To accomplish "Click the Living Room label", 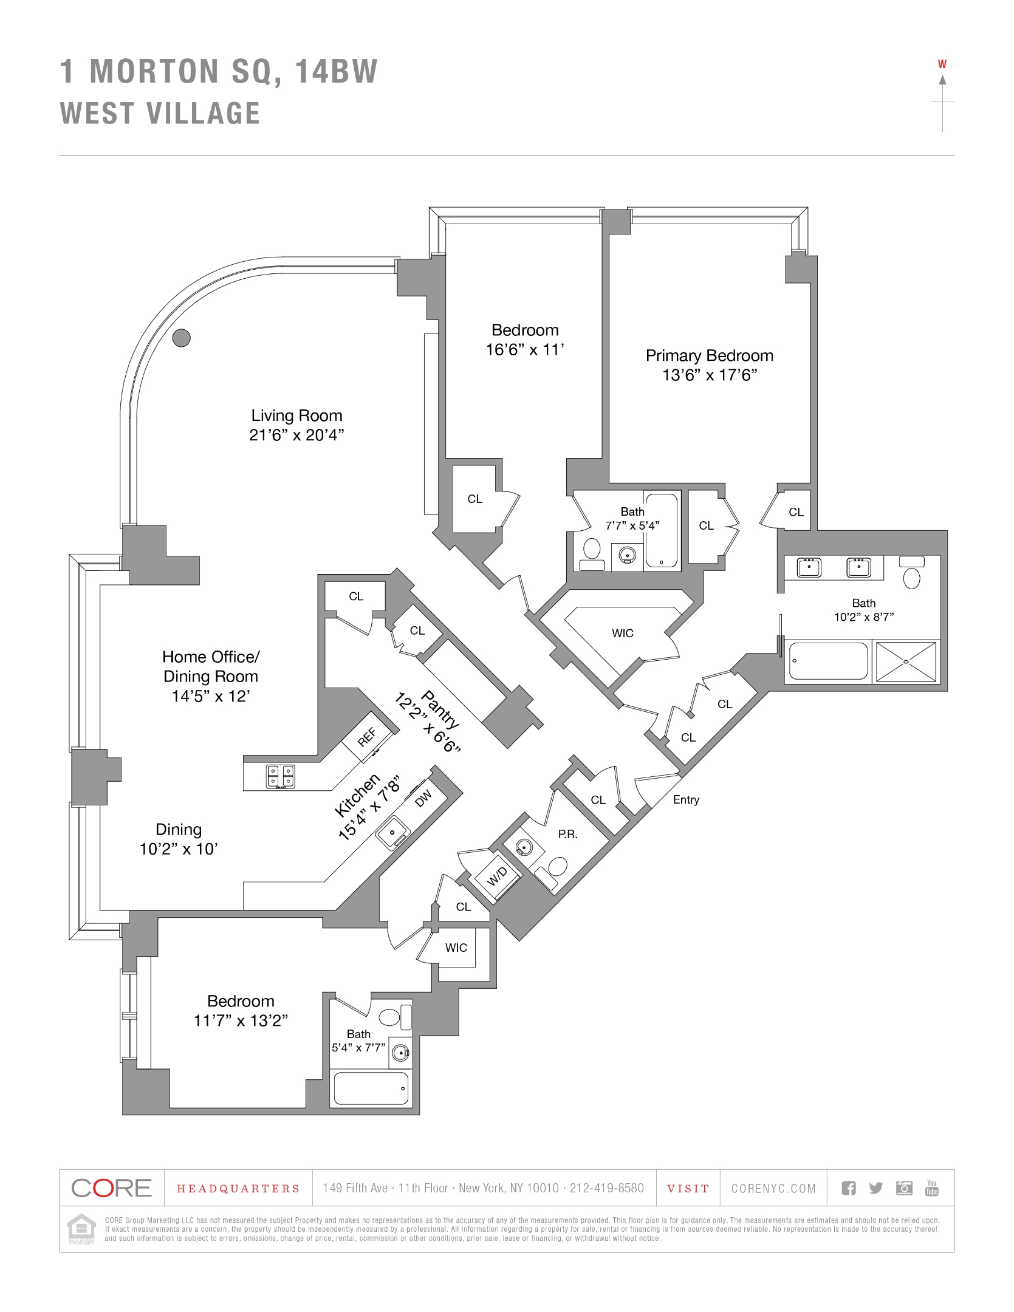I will pos(296,415).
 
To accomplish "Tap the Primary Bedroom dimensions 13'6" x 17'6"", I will pos(709,375).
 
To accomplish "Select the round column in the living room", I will pos(181,338).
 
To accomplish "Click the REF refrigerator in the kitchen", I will pos(367,737).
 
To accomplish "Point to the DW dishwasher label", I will pos(423,798).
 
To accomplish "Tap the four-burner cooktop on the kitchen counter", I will pos(281,776).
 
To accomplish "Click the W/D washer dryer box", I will pos(497,876).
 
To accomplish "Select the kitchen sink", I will pos(392,832).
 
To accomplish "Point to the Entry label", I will pos(686,800).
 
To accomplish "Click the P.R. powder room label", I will pos(567,834).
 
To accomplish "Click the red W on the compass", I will pos(942,64).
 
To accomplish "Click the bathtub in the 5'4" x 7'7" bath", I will pos(371,1088).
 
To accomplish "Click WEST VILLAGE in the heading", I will pos(160,114).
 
